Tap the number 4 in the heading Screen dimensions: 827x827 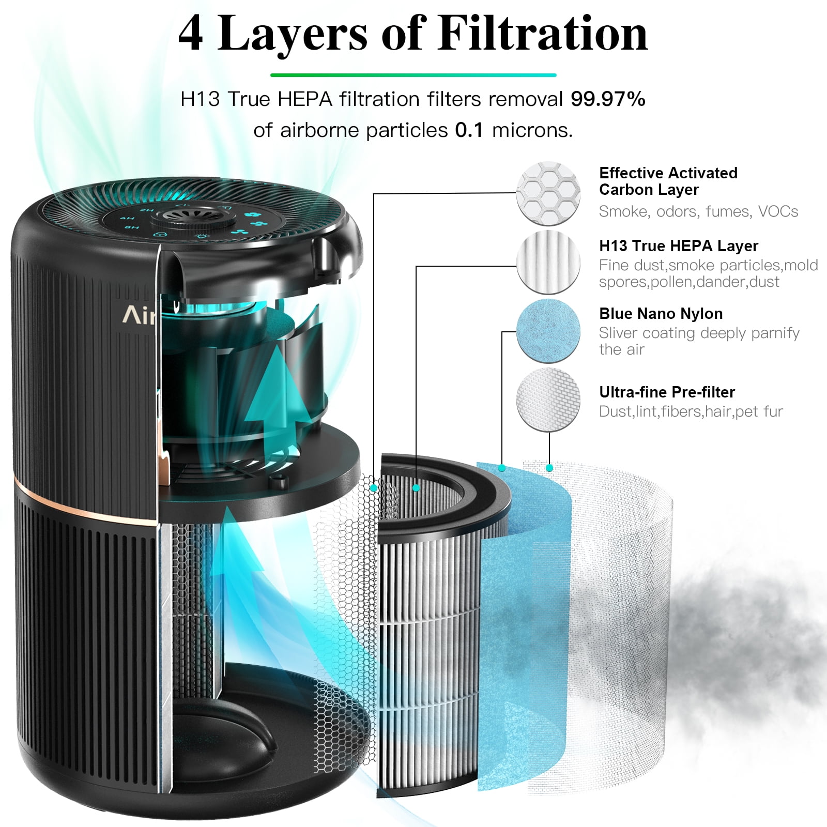click(x=190, y=34)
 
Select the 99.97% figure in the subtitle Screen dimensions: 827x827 click(x=608, y=99)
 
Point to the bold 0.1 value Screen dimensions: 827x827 click(x=469, y=130)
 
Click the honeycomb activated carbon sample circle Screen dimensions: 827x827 click(x=548, y=193)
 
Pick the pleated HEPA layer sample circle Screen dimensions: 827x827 click(x=548, y=263)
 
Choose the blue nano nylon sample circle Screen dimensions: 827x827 click(x=548, y=331)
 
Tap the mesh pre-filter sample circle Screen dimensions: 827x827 click(x=548, y=400)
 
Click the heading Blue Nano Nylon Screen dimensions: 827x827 click(x=661, y=314)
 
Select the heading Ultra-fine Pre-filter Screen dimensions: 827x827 click(x=667, y=392)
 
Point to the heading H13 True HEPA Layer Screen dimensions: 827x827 click(x=678, y=246)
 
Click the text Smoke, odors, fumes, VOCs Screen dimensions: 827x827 click(x=698, y=211)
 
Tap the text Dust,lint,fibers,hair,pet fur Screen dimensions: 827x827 click(x=691, y=411)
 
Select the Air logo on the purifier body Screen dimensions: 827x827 click(x=139, y=316)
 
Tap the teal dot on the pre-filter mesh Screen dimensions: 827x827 click(x=549, y=468)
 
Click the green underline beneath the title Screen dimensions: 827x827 click(x=413, y=75)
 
